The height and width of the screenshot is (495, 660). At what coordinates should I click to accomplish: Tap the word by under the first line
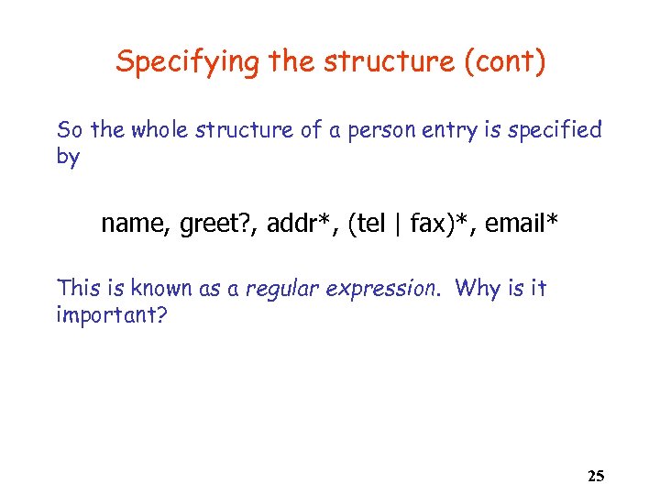[68, 157]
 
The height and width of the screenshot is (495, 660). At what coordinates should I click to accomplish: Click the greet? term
[210, 223]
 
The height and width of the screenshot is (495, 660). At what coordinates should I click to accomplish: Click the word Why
[476, 288]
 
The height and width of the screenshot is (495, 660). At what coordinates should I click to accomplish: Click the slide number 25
[595, 476]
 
